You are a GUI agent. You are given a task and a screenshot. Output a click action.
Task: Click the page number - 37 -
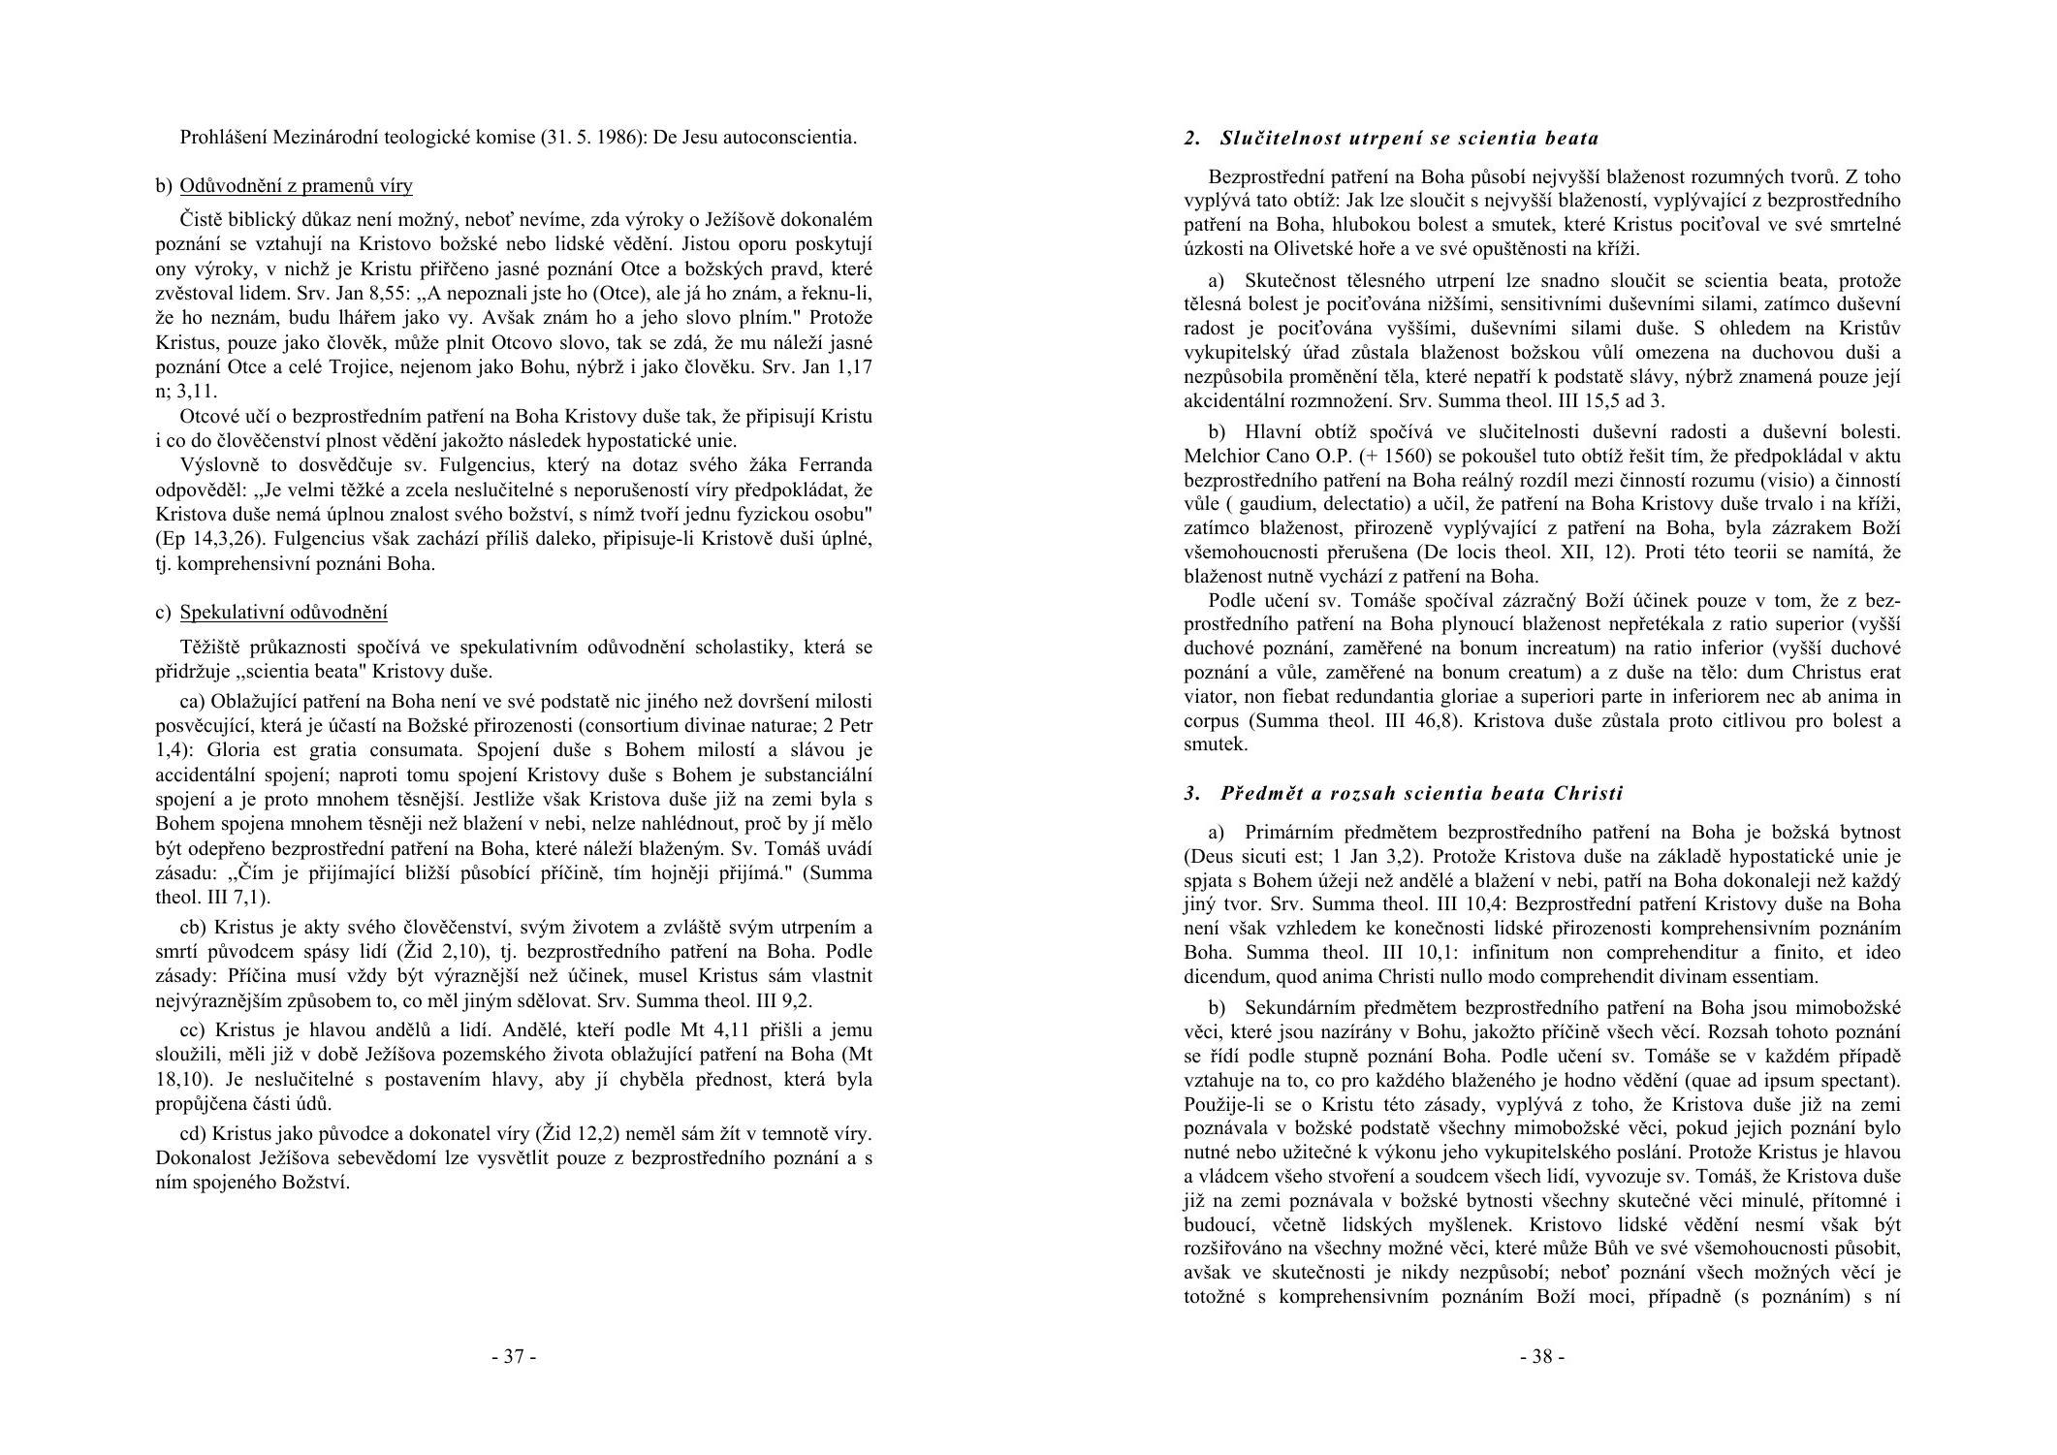[514, 1356]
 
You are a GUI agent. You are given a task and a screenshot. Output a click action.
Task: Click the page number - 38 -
[1541, 1356]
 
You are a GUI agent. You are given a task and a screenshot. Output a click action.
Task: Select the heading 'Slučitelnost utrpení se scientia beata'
[1409, 138]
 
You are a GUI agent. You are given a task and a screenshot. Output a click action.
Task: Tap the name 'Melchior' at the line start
[1218, 456]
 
